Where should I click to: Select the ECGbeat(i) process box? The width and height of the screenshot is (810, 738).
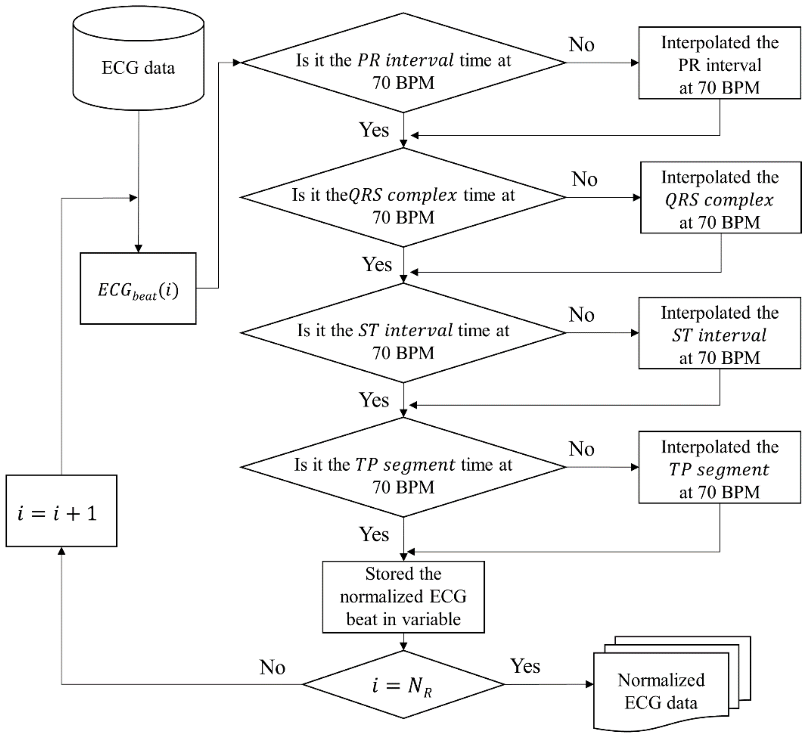click(x=138, y=289)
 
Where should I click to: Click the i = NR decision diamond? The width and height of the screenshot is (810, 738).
click(x=403, y=684)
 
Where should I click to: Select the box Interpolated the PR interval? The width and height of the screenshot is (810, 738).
click(x=720, y=63)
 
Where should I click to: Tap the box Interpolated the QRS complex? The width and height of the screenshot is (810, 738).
click(x=720, y=198)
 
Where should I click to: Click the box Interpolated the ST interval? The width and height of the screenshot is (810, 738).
click(x=720, y=333)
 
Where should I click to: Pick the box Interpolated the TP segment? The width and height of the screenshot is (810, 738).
click(x=720, y=467)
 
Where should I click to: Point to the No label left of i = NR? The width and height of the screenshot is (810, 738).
click(x=272, y=667)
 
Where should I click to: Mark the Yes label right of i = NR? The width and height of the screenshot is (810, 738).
click(x=525, y=666)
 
